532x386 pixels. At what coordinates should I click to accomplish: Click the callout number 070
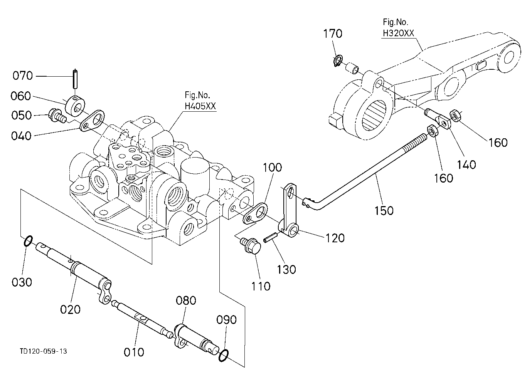(x=23, y=76)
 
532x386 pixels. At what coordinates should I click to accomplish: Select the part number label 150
(x=384, y=211)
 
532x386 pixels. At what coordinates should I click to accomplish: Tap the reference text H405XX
(x=200, y=106)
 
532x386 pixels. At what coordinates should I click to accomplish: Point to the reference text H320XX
(x=399, y=33)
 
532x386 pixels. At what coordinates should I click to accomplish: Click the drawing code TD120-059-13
(x=44, y=351)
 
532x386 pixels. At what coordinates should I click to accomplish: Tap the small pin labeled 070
(x=75, y=79)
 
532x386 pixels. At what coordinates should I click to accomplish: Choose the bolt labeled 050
(x=57, y=116)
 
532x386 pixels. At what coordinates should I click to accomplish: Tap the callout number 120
(x=335, y=238)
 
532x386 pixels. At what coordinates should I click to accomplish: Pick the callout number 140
(x=466, y=164)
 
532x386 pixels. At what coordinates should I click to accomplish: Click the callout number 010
(x=134, y=352)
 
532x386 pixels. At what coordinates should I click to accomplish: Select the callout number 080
(x=186, y=300)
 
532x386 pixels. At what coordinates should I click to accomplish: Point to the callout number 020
(x=70, y=310)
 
